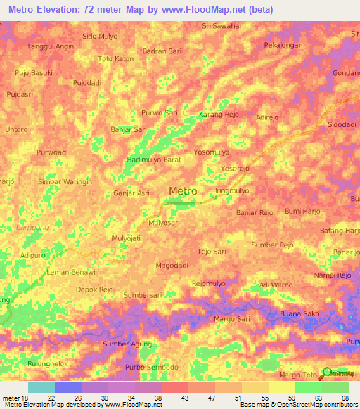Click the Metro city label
pos(183,190)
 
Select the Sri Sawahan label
pos(222,26)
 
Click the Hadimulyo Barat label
pos(154,160)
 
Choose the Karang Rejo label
pos(219,114)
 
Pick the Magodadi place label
pos(174,265)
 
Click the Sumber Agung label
pos(126,344)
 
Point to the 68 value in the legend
pos(345,397)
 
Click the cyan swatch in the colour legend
pos(41,387)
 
